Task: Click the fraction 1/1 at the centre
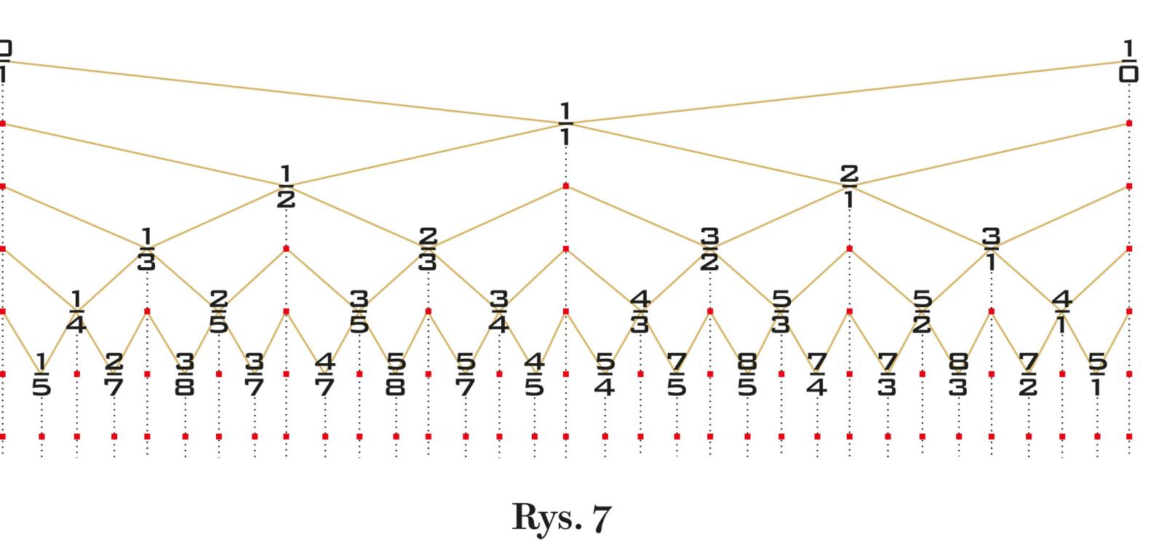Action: pos(565,124)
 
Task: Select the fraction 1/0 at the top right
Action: pos(1128,61)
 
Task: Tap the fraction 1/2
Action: pos(286,187)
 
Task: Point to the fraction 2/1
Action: pos(848,187)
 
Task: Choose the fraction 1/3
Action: pos(146,249)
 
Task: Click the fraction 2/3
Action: pos(428,249)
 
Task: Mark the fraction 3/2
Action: pos(709,249)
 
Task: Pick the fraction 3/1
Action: pos(991,249)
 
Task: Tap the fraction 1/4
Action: pos(76,312)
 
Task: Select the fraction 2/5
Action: pos(218,312)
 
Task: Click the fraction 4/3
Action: pos(639,312)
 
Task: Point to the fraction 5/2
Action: pos(922,312)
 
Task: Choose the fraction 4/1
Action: pos(1061,312)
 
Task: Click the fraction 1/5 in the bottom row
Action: pos(41,374)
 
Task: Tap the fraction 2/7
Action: pos(113,374)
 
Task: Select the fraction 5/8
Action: pos(395,374)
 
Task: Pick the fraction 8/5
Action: pos(747,374)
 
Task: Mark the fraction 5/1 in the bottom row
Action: pos(1097,374)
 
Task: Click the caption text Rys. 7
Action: pos(562,518)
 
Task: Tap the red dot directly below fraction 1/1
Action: pos(566,186)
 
